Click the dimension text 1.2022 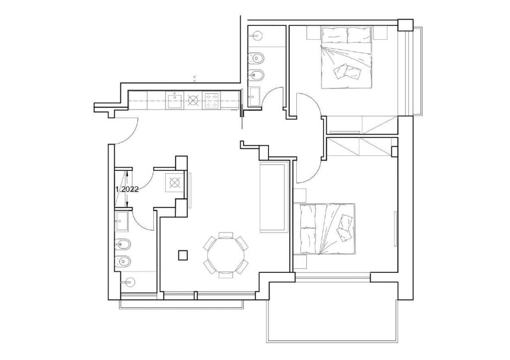pos(127,189)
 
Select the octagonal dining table pos(226,255)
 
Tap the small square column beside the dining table pos(183,255)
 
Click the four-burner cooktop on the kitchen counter pos(211,100)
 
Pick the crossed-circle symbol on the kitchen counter pos(193,100)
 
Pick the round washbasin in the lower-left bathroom pos(129,282)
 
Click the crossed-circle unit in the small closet pos(175,183)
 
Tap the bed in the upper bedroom pos(347,58)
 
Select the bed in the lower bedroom pos(328,229)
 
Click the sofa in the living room pos(274,197)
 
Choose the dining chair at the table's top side pos(226,235)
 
